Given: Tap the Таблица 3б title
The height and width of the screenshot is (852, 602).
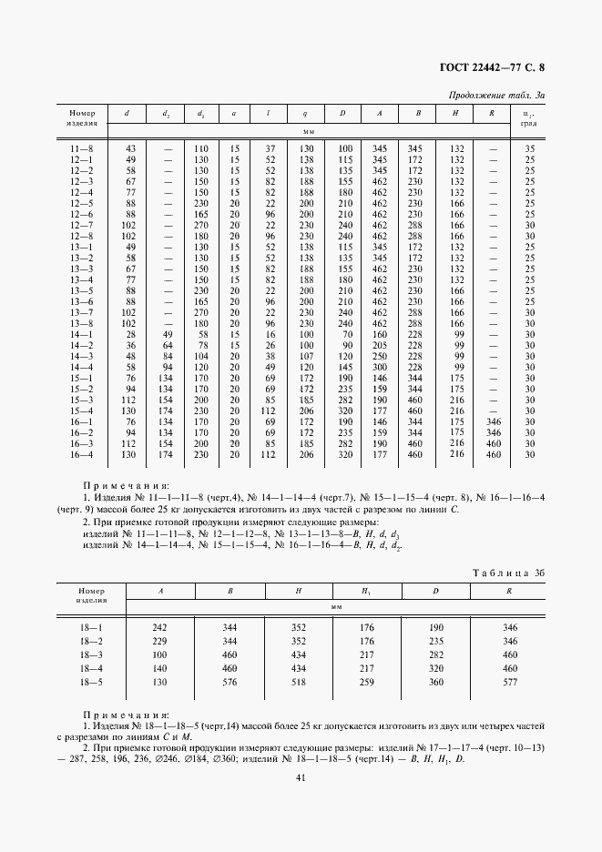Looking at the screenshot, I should pos(507,572).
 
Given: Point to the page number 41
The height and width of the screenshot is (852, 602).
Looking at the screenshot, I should pos(301,776).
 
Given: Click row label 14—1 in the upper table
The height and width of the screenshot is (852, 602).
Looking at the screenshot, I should pos(82,335).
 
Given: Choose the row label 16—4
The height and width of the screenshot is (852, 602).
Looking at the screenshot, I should pos(82,454).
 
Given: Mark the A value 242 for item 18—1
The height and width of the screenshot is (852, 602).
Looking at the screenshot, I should pos(160,627).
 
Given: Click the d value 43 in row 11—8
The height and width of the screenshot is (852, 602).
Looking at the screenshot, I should pos(130,148).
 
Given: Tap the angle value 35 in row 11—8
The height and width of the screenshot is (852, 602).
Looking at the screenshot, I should pos(529,148).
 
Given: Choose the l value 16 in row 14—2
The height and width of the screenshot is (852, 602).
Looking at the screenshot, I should pos(270,345).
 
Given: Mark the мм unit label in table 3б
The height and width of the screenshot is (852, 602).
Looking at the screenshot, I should pos(336,606).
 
